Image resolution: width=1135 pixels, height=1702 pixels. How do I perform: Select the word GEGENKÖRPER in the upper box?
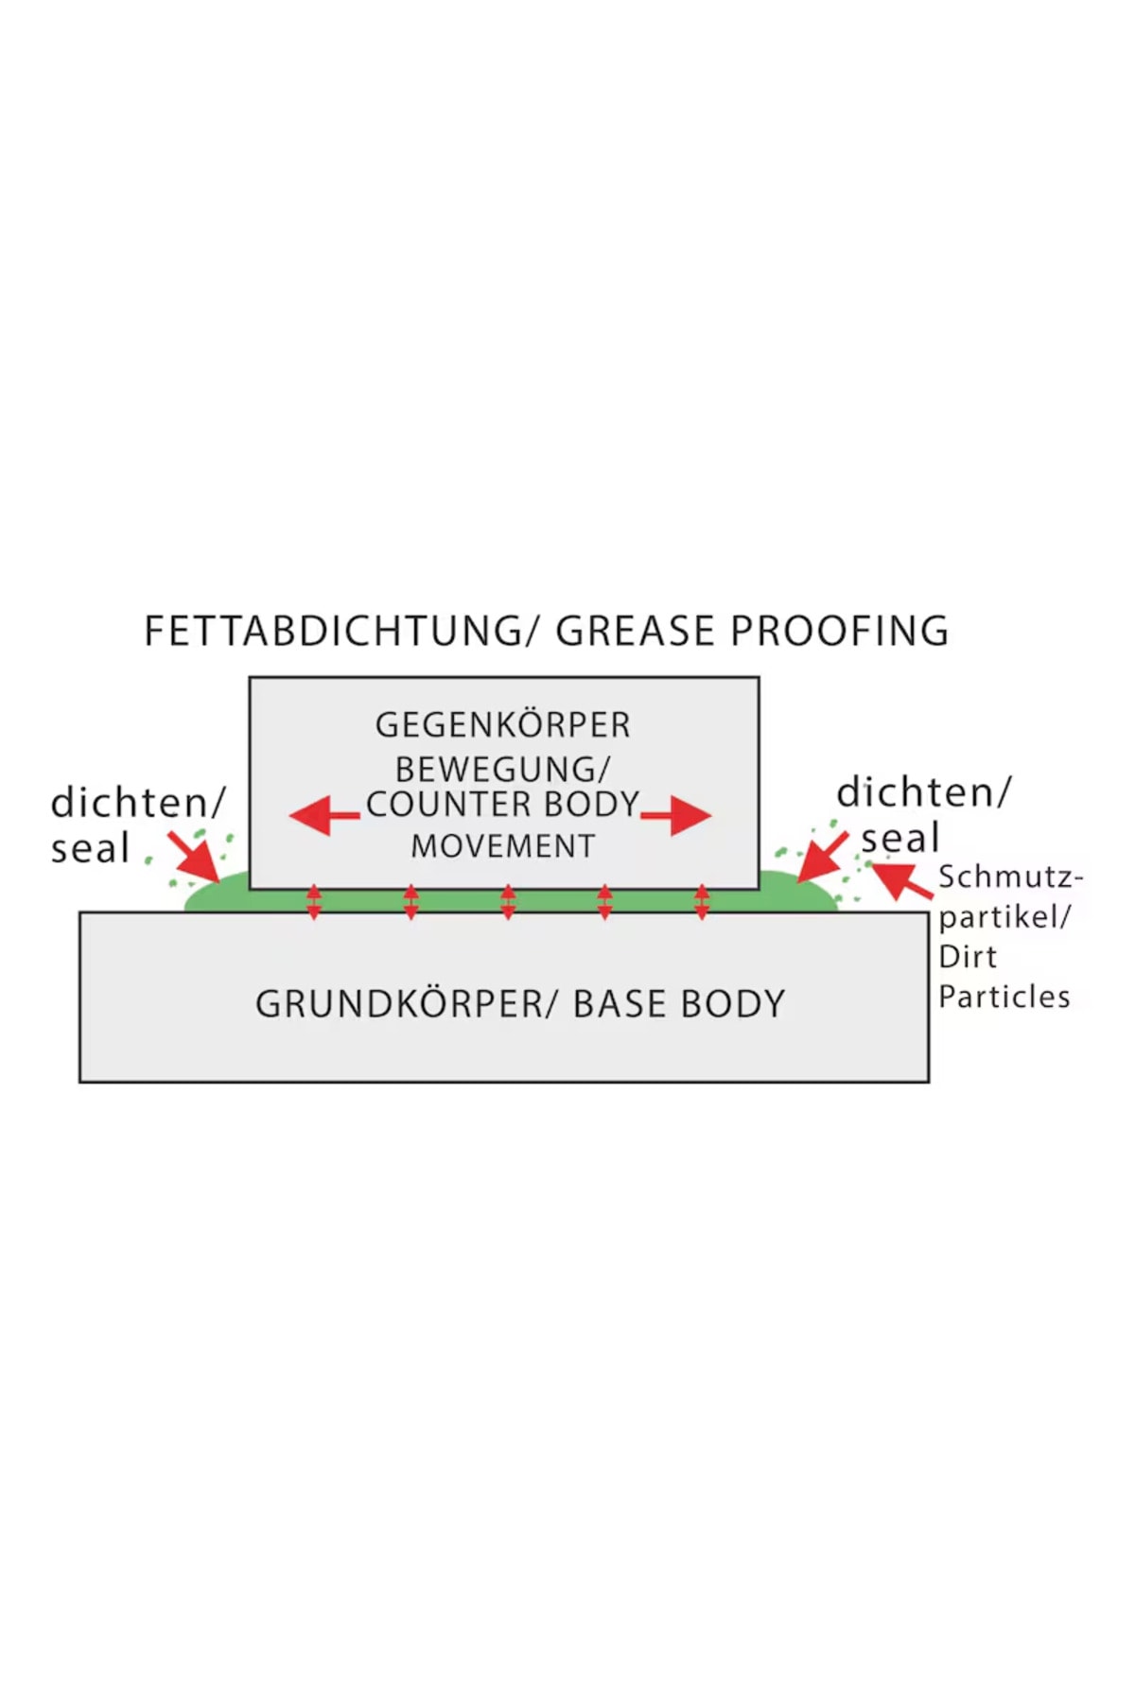pyautogui.click(x=502, y=725)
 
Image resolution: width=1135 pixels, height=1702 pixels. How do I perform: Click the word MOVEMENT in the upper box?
pyautogui.click(x=502, y=846)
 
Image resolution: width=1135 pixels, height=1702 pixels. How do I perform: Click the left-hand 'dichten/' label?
pyautogui.click(x=138, y=803)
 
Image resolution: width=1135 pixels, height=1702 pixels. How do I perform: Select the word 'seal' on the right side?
pyautogui.click(x=899, y=838)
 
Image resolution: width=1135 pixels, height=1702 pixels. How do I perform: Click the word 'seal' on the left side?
pyautogui.click(x=90, y=848)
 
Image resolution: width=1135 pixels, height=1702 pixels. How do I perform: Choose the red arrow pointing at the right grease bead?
pyautogui.click(x=822, y=857)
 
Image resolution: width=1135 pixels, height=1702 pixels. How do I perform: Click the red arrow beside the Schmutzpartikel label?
pyautogui.click(x=900, y=880)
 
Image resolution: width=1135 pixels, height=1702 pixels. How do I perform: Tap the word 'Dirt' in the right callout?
pyautogui.click(x=967, y=957)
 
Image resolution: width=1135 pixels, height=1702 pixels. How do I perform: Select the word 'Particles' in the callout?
pyautogui.click(x=1004, y=997)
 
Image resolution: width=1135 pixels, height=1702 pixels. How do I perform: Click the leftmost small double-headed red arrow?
pyautogui.click(x=314, y=902)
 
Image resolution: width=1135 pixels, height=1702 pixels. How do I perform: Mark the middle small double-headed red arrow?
pyautogui.click(x=508, y=902)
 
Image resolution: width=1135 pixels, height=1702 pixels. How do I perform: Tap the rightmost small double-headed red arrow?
pyautogui.click(x=701, y=902)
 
